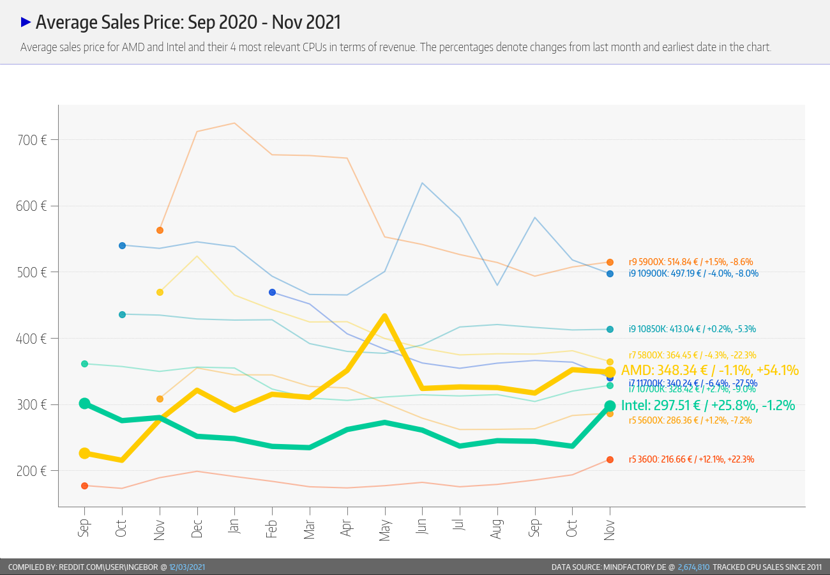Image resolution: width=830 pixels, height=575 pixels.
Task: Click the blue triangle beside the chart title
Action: (26, 22)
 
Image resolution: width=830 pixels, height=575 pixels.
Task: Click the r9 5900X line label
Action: (691, 262)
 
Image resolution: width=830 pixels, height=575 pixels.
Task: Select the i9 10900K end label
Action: (693, 273)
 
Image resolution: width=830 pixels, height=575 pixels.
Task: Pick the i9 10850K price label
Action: (692, 329)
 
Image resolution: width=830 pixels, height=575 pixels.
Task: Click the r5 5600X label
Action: (690, 420)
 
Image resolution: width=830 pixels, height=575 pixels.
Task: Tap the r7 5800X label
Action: (692, 355)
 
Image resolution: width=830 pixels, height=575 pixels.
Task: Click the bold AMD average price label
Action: (709, 371)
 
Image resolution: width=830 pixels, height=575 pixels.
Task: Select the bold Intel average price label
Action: (708, 405)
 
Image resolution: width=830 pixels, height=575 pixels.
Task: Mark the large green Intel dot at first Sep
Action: (84, 403)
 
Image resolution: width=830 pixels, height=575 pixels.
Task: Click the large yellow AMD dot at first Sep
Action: (84, 453)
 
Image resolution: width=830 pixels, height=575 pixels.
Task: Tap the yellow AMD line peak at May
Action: (385, 316)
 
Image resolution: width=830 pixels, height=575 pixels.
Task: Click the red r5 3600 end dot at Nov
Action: (610, 459)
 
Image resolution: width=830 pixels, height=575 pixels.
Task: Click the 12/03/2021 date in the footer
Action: (187, 567)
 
